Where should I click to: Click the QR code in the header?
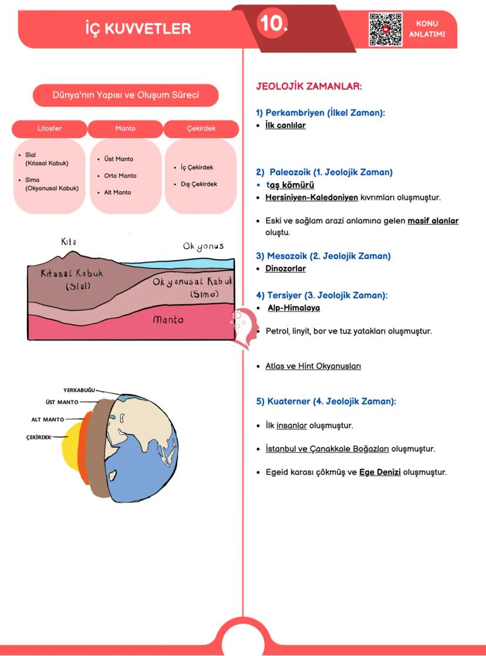pyautogui.click(x=386, y=29)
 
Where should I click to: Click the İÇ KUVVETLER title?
pyautogui.click(x=138, y=28)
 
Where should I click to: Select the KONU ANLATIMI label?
pyautogui.click(x=427, y=29)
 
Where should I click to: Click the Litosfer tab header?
pyautogui.click(x=49, y=128)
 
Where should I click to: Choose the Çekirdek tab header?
pyautogui.click(x=201, y=128)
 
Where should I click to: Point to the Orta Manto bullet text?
pyautogui.click(x=120, y=176)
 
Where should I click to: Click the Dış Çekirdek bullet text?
pyautogui.click(x=199, y=184)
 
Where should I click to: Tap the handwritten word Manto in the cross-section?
pyautogui.click(x=168, y=320)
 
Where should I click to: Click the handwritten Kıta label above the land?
pyautogui.click(x=69, y=242)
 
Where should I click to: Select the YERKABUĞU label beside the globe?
pyautogui.click(x=79, y=390)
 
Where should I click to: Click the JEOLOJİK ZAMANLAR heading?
pyautogui.click(x=309, y=87)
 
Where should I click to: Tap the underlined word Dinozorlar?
pyautogui.click(x=285, y=268)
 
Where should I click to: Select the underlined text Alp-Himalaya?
pyautogui.click(x=293, y=308)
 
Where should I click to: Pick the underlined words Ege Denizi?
pyautogui.click(x=380, y=472)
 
